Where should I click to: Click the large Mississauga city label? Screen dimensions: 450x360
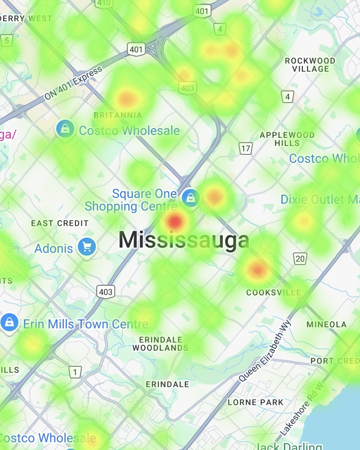[184, 240]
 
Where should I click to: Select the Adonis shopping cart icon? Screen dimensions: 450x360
[86, 247]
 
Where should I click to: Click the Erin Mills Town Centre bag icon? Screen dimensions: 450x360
[9, 322]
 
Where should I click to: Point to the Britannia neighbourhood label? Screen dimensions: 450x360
[118, 116]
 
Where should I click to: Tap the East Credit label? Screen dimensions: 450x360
[60, 223]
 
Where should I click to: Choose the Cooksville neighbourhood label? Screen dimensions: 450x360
[273, 293]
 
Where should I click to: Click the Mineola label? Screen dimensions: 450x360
[326, 324]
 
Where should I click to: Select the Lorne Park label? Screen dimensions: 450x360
[256, 402]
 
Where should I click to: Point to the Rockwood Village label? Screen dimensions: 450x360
[310, 65]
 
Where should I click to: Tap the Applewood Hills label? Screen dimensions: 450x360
[287, 139]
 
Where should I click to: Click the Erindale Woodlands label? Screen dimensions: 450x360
[160, 344]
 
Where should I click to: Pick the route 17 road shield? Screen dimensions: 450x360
[245, 148]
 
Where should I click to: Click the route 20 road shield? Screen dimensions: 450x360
[300, 258]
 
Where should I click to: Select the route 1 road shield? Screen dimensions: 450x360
[75, 372]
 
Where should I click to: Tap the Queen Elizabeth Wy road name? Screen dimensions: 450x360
[265, 351]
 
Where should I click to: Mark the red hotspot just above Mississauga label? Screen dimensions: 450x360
[175, 221]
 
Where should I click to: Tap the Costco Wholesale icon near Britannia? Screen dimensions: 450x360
[65, 129]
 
